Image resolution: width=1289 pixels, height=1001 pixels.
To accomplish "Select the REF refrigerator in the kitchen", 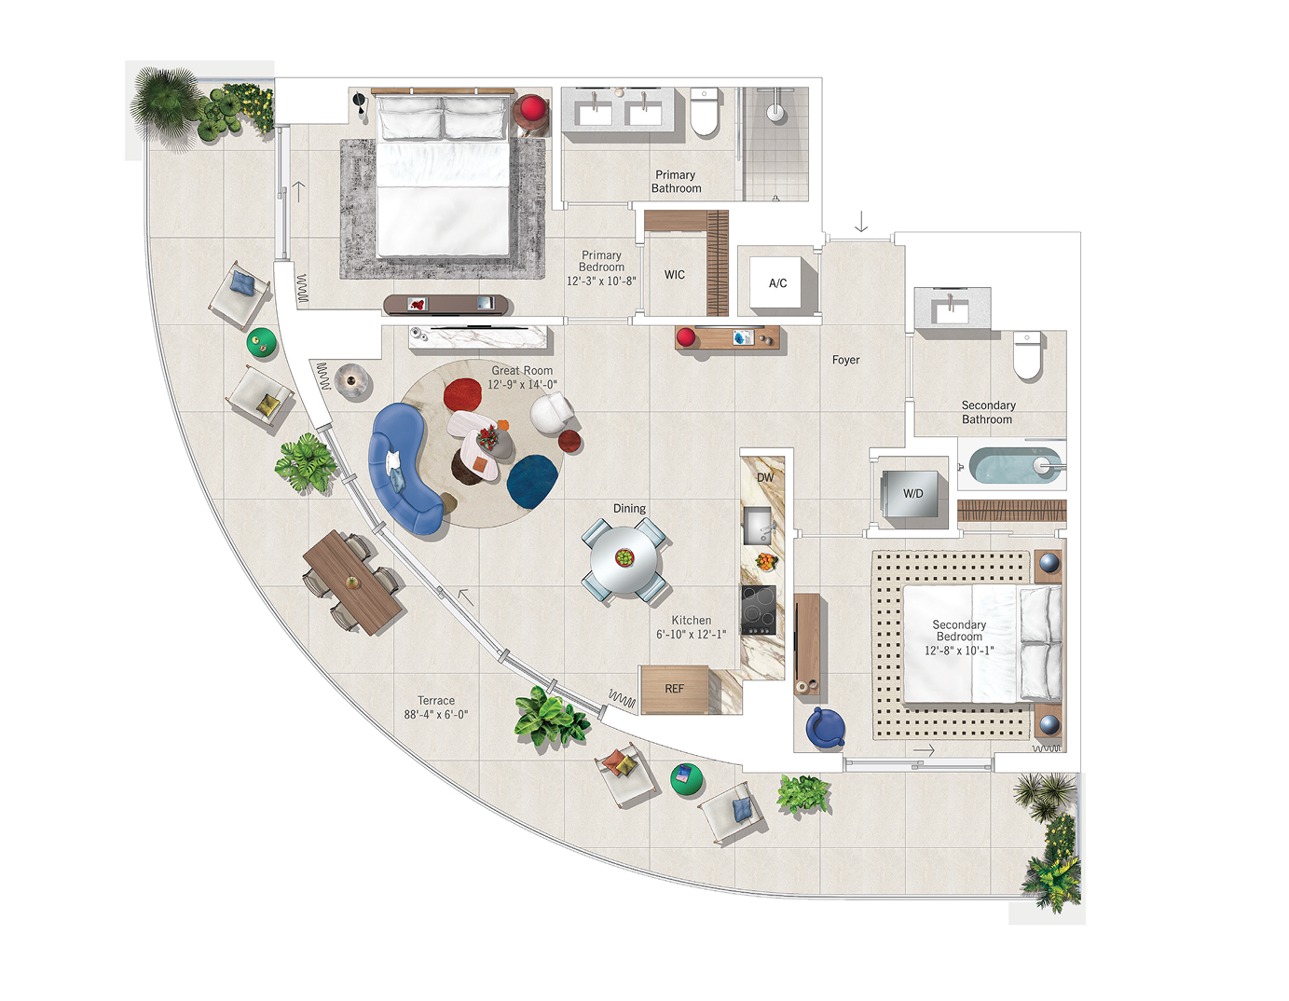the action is pos(675,689).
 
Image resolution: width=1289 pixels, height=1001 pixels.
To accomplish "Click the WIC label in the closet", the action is pos(675,275).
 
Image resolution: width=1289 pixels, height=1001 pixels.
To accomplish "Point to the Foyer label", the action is pos(846,360).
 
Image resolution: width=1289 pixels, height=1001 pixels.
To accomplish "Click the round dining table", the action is pos(624,559).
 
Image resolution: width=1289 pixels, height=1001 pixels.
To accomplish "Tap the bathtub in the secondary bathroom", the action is pos(1012,465).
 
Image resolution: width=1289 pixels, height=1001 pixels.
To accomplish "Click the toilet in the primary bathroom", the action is pos(705,112).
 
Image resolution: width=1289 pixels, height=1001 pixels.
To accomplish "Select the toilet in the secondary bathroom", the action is pos(1027,355).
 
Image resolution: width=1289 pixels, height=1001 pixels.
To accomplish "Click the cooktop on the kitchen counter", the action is pos(758,610).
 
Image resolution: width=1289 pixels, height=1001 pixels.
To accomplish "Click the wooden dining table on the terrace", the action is pos(352,583).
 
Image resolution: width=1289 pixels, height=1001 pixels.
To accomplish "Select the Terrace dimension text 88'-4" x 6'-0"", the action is pos(436,715).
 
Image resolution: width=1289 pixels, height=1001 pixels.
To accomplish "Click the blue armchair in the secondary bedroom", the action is pos(825,727).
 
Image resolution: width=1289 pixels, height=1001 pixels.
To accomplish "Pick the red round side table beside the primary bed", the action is pos(531,110).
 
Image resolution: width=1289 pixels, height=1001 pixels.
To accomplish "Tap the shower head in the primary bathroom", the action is pos(775,112).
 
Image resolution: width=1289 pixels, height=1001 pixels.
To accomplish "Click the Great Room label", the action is pos(522,371).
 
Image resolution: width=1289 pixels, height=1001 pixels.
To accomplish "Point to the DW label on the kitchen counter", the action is pos(764,477).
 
